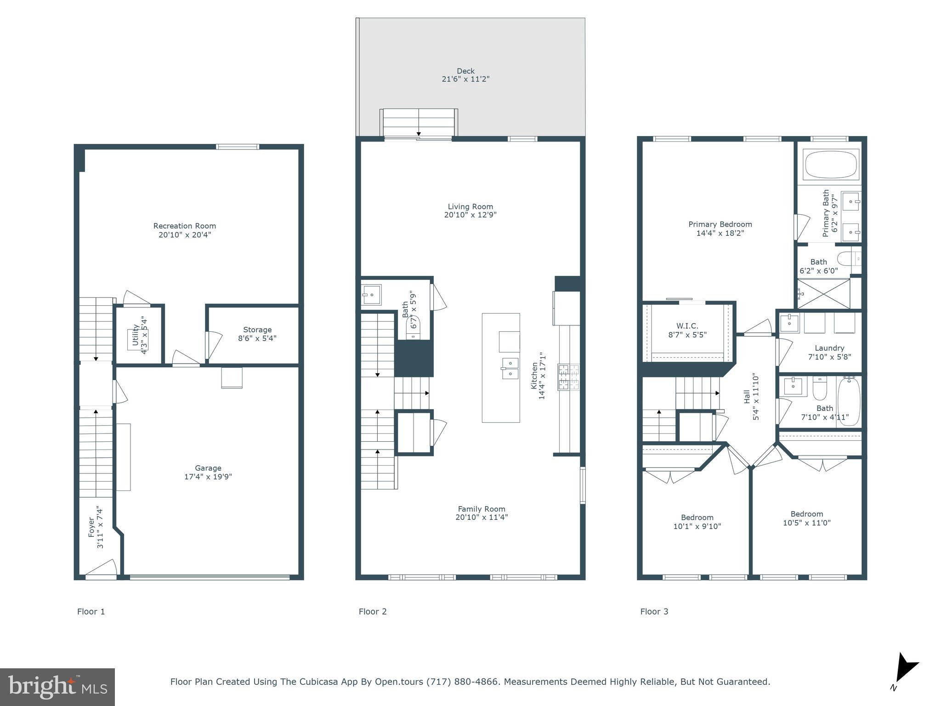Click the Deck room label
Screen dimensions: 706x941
pos(465,71)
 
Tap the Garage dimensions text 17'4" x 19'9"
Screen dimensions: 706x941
pos(208,477)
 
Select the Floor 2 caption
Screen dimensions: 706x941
pos(373,611)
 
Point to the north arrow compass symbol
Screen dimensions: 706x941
pos(905,669)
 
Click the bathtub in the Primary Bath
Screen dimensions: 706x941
pos(831,165)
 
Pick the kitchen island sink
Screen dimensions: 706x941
pos(510,368)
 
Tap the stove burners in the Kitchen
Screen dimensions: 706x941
pos(568,377)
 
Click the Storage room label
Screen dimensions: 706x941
pos(257,330)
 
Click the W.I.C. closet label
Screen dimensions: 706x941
pos(687,326)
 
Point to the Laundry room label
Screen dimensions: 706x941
pos(829,348)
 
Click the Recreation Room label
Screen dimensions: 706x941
pos(184,226)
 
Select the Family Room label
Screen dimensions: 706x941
pos(481,509)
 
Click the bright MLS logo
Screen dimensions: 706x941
pos(57,687)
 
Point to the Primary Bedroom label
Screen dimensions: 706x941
pos(720,224)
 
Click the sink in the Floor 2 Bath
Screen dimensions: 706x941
pos(371,295)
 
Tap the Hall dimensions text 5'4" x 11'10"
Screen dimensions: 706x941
pos(756,397)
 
